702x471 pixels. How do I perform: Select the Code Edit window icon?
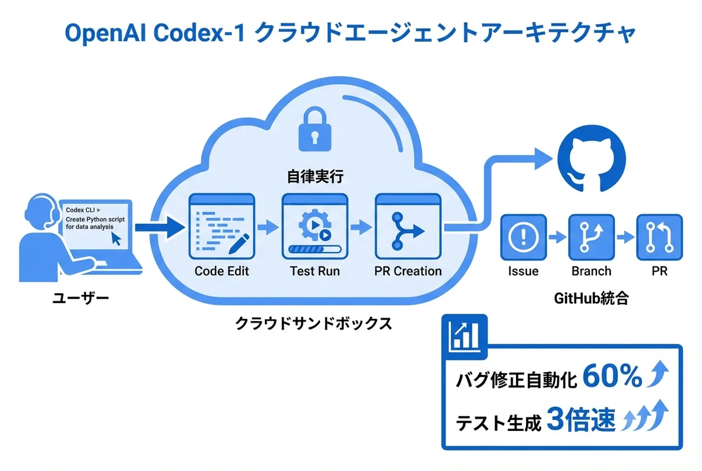(220, 227)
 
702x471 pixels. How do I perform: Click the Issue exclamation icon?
(523, 237)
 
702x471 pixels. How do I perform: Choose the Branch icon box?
(591, 237)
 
